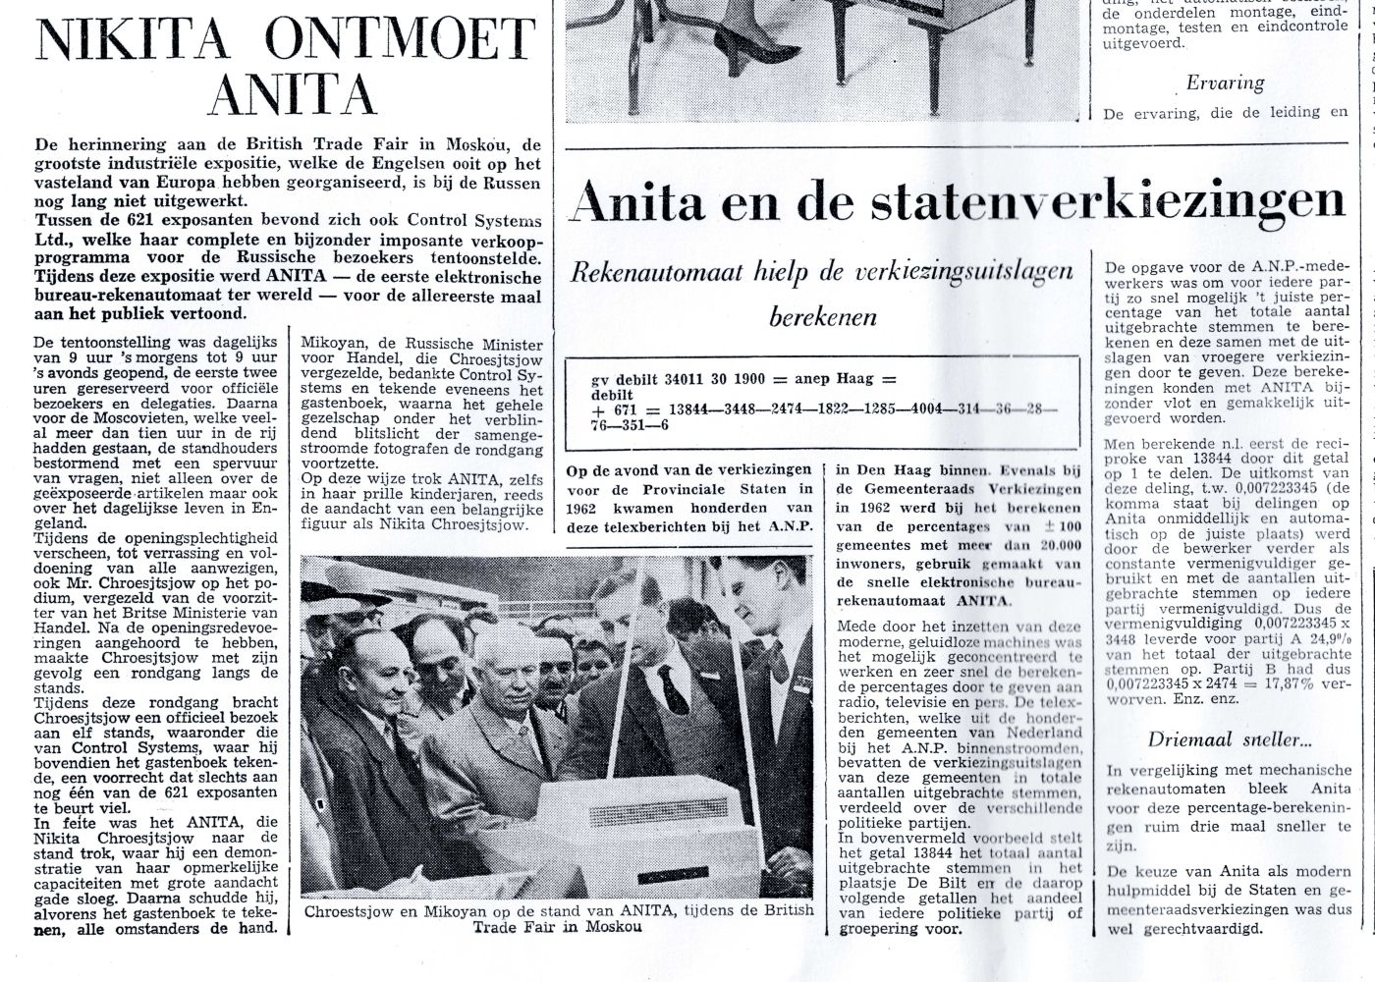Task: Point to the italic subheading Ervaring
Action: (x=1225, y=83)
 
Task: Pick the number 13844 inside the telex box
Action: (x=694, y=409)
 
